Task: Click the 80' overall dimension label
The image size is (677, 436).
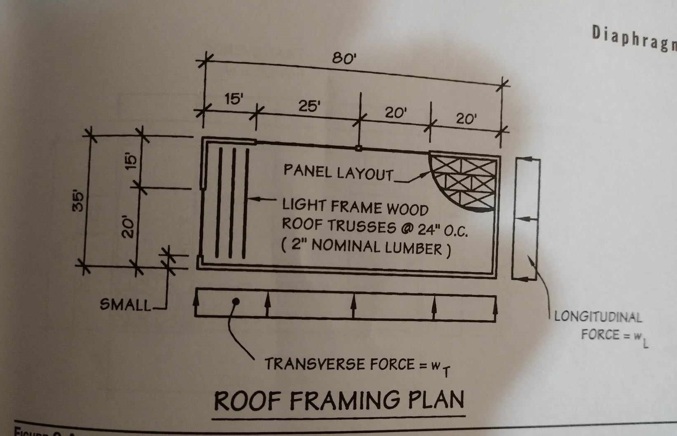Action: click(344, 59)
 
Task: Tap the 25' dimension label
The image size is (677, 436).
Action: click(310, 106)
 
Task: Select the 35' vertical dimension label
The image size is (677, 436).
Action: click(78, 201)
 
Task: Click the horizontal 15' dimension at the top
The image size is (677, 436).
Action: click(234, 99)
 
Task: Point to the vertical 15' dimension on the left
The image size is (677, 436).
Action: click(131, 161)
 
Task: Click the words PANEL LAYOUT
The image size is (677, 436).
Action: click(338, 172)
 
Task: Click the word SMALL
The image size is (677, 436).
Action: click(126, 305)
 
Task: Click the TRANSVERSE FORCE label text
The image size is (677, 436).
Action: click(339, 364)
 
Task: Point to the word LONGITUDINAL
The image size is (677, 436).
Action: click(598, 317)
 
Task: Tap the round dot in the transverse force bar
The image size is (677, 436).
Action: click(236, 302)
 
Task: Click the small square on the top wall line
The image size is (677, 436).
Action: click(359, 148)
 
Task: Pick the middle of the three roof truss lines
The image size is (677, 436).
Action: click(233, 203)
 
